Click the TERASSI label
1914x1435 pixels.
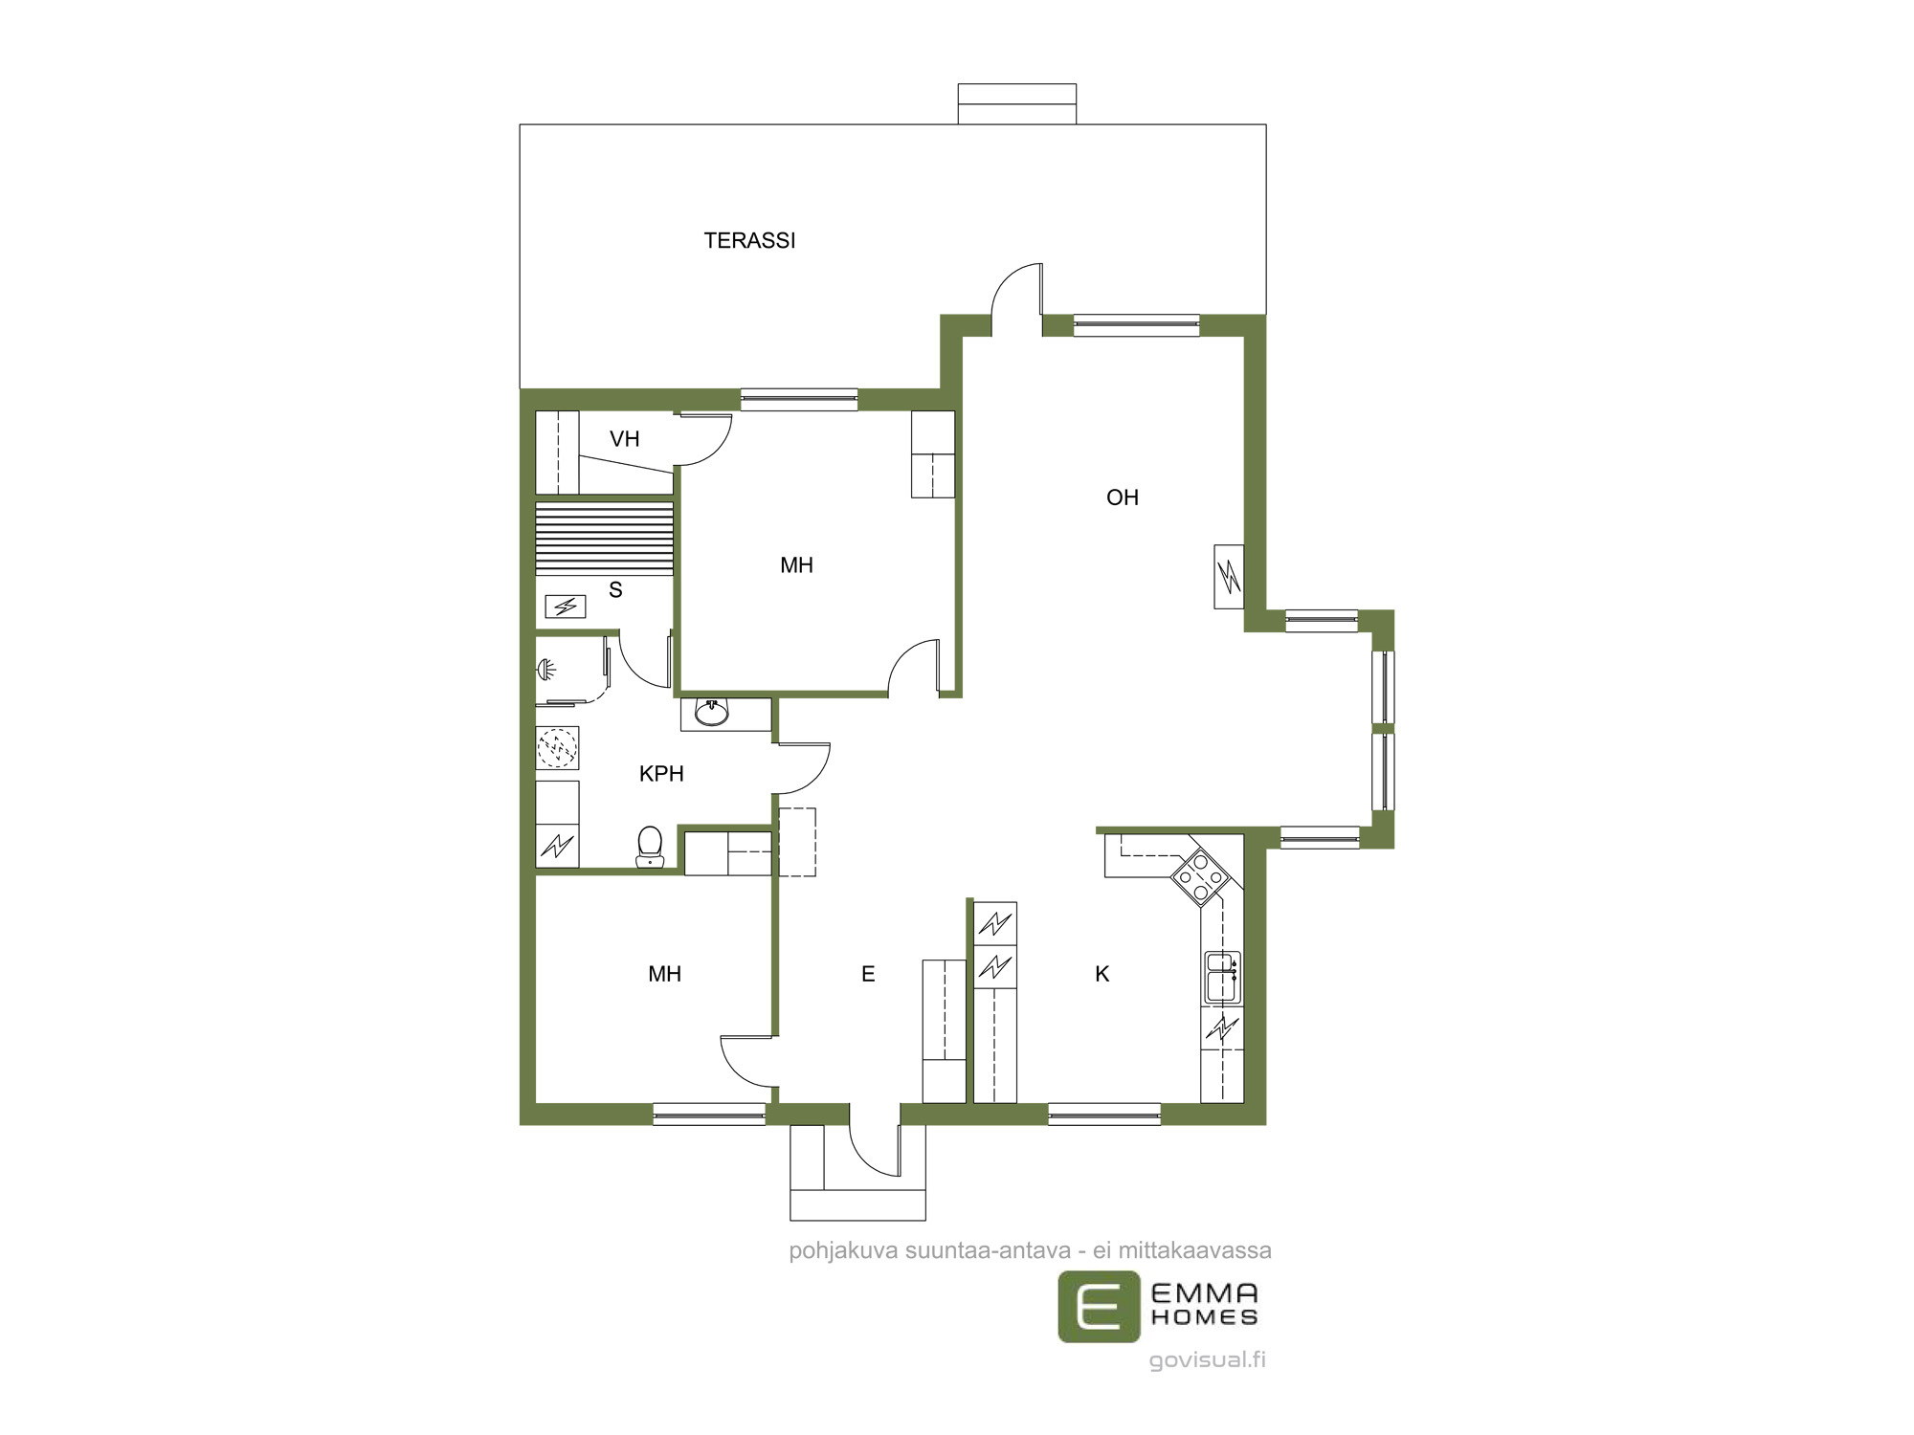click(749, 241)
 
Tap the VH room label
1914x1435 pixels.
click(625, 439)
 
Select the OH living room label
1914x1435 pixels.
click(1123, 497)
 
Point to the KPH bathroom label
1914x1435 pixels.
click(661, 774)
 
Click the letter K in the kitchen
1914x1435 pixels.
click(1102, 974)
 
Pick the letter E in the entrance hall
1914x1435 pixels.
click(868, 974)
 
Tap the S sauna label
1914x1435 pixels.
click(615, 590)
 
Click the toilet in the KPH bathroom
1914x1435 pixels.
click(650, 847)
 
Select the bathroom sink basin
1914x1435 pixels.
click(711, 713)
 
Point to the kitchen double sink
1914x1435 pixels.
click(1222, 977)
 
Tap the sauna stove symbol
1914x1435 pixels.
click(565, 607)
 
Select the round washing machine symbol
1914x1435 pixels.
click(557, 748)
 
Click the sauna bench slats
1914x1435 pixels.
click(604, 539)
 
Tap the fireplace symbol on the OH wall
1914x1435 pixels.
click(1229, 576)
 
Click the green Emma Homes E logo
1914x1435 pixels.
click(1099, 1306)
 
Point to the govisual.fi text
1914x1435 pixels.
click(1208, 1359)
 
